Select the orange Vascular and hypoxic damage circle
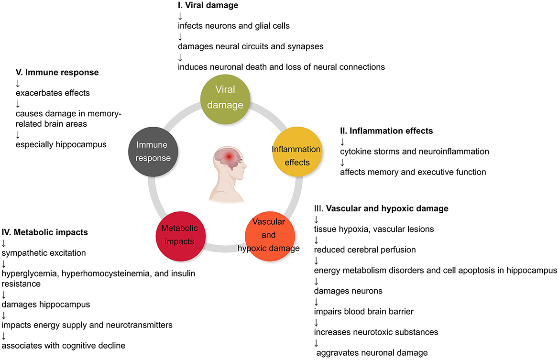[269, 235]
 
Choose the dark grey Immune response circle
[153, 151]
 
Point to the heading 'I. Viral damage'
[207, 6]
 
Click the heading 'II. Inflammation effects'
[387, 131]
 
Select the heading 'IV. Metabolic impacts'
[45, 232]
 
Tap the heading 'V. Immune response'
[57, 73]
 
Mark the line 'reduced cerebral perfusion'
[365, 250]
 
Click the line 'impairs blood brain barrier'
[363, 311]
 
